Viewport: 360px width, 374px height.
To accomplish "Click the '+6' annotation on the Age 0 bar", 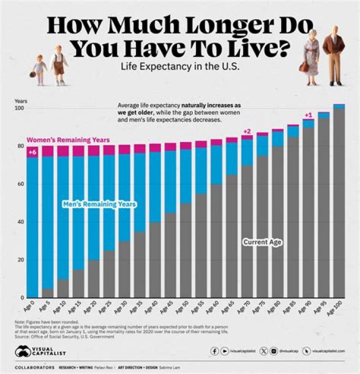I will click(x=32, y=152).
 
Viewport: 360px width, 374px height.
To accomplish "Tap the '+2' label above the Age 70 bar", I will click(x=246, y=131).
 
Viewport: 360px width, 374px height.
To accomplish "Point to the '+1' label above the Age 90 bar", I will click(x=308, y=115).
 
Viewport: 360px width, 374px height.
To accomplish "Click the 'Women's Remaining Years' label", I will click(x=68, y=140).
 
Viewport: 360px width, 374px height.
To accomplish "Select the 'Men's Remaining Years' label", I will click(x=100, y=204).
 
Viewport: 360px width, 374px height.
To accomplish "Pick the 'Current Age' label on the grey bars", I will click(x=262, y=242).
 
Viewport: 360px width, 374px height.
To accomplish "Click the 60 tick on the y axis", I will click(x=20, y=184).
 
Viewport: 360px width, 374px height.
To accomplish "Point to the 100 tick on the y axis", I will click(x=19, y=109).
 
